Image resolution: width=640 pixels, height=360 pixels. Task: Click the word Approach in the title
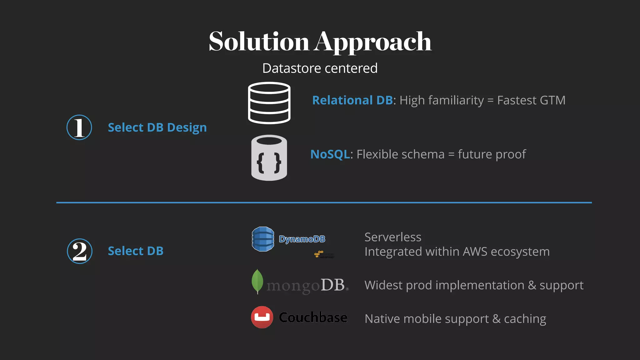coord(373,42)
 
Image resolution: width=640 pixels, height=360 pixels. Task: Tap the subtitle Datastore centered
coord(320,68)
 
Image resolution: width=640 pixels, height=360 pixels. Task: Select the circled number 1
coord(79,127)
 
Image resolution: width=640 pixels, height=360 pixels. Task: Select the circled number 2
coord(79,251)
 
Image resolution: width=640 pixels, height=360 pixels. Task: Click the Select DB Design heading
coord(157,127)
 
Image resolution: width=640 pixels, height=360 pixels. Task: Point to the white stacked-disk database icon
coord(269,103)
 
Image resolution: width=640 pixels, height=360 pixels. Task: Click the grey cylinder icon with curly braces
coord(269,157)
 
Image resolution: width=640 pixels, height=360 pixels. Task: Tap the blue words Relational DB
coord(352,100)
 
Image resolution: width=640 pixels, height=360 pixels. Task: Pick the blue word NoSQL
coord(330,154)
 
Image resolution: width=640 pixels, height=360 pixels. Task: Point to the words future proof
coord(492,154)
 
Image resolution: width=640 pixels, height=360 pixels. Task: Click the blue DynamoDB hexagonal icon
coord(263,239)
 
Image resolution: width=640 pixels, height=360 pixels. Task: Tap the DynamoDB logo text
coord(302,239)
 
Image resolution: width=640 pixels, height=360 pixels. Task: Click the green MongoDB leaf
coord(257,281)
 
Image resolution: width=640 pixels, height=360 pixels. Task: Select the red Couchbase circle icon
coord(262,317)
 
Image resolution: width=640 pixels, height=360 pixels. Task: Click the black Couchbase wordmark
coord(313,317)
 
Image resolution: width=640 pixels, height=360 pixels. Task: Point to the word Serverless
coord(393,237)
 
